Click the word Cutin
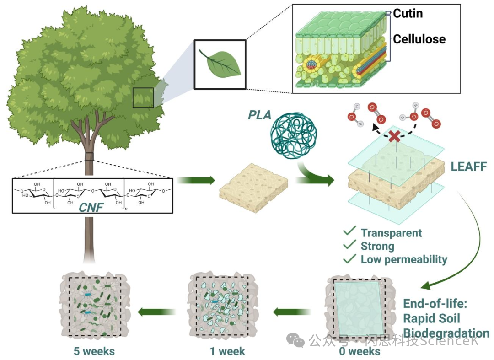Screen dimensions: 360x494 pyautogui.click(x=408, y=14)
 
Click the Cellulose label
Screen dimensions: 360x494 pyautogui.click(x=419, y=39)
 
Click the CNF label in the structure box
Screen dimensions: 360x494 pyautogui.click(x=91, y=208)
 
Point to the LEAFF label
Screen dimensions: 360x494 pyautogui.click(x=468, y=166)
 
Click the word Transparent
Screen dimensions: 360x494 pyautogui.click(x=391, y=233)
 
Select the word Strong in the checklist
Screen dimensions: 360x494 pyautogui.click(x=377, y=246)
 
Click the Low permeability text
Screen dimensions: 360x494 pyautogui.click(x=404, y=259)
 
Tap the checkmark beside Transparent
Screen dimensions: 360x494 pyautogui.click(x=350, y=232)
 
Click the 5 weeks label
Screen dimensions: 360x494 pyautogui.click(x=94, y=351)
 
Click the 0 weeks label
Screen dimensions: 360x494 pyautogui.click(x=360, y=351)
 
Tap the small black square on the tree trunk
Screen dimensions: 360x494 pyautogui.click(x=89, y=157)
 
